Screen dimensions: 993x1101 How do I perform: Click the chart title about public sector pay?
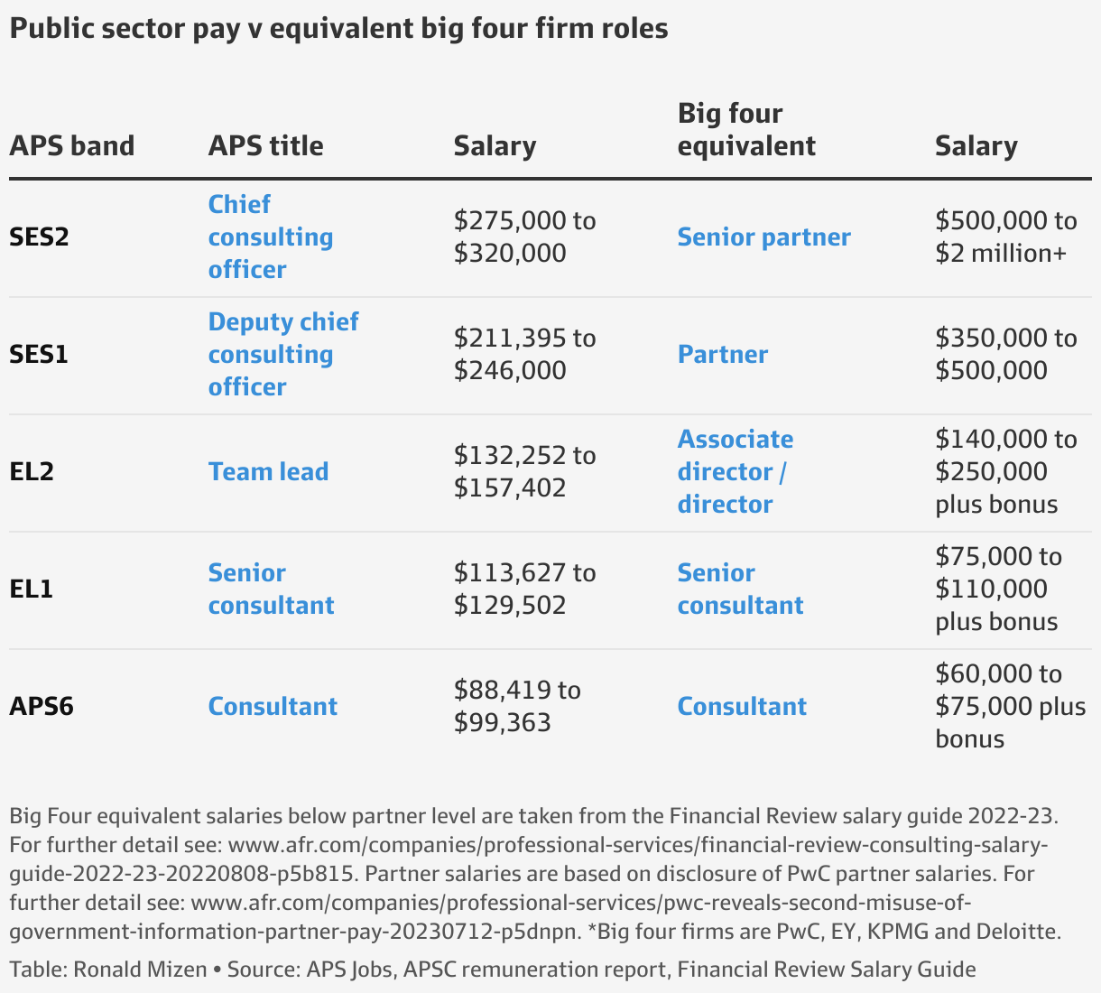coord(338,29)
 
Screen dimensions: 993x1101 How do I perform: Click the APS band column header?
coord(72,146)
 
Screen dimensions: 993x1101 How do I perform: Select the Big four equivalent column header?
coord(746,130)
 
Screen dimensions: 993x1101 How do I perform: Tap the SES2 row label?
coord(40,237)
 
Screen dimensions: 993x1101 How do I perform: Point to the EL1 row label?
coord(32,589)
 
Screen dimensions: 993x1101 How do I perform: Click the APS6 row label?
coord(42,707)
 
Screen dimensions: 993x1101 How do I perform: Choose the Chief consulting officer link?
coord(270,237)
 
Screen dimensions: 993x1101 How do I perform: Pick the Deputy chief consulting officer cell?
coord(282,355)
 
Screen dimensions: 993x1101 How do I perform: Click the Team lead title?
coord(268,472)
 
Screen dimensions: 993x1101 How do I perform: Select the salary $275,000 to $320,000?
coord(524,237)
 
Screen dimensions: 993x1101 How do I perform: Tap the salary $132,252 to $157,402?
coord(524,472)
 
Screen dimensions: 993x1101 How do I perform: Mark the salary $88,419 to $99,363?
coord(517,707)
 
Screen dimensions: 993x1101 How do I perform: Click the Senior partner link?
coord(763,237)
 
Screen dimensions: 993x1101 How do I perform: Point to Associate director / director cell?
coord(735,472)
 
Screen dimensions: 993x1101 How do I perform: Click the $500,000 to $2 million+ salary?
coord(1005,237)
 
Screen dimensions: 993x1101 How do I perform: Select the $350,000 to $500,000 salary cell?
coord(1005,355)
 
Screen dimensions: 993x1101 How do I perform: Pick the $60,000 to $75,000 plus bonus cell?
coord(1010,707)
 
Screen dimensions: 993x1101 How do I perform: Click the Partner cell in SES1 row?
coord(722,355)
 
